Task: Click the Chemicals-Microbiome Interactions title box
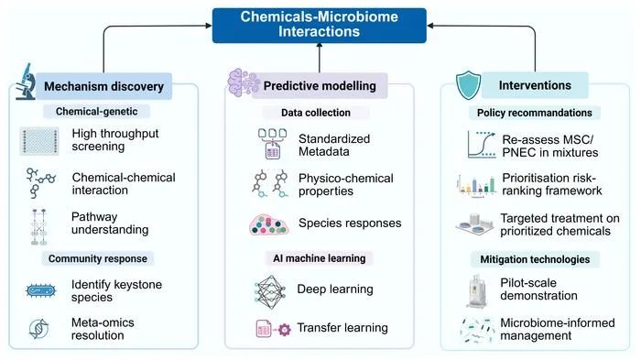pyautogui.click(x=320, y=26)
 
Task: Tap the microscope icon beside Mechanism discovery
pyautogui.click(x=26, y=82)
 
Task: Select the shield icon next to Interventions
pyautogui.click(x=469, y=85)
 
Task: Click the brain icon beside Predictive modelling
pyautogui.click(x=244, y=82)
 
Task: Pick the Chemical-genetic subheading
pyautogui.click(x=96, y=111)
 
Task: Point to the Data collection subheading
pyautogui.click(x=316, y=113)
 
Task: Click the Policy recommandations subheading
pyautogui.click(x=534, y=113)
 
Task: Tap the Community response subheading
pyautogui.click(x=98, y=258)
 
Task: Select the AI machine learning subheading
pyautogui.click(x=320, y=258)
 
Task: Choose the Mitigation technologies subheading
pyautogui.click(x=535, y=259)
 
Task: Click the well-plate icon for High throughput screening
pyautogui.click(x=39, y=141)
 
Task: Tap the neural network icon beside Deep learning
pyautogui.click(x=269, y=291)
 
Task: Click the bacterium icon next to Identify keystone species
pyautogui.click(x=41, y=291)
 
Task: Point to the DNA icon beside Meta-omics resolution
pyautogui.click(x=39, y=329)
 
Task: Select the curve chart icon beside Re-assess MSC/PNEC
pyautogui.click(x=482, y=145)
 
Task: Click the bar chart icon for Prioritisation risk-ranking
pyautogui.click(x=476, y=185)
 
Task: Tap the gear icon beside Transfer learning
pyautogui.click(x=285, y=330)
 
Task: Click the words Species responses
pyautogui.click(x=350, y=223)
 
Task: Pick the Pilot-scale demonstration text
pyautogui.click(x=538, y=289)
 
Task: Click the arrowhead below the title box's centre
pyautogui.click(x=320, y=46)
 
